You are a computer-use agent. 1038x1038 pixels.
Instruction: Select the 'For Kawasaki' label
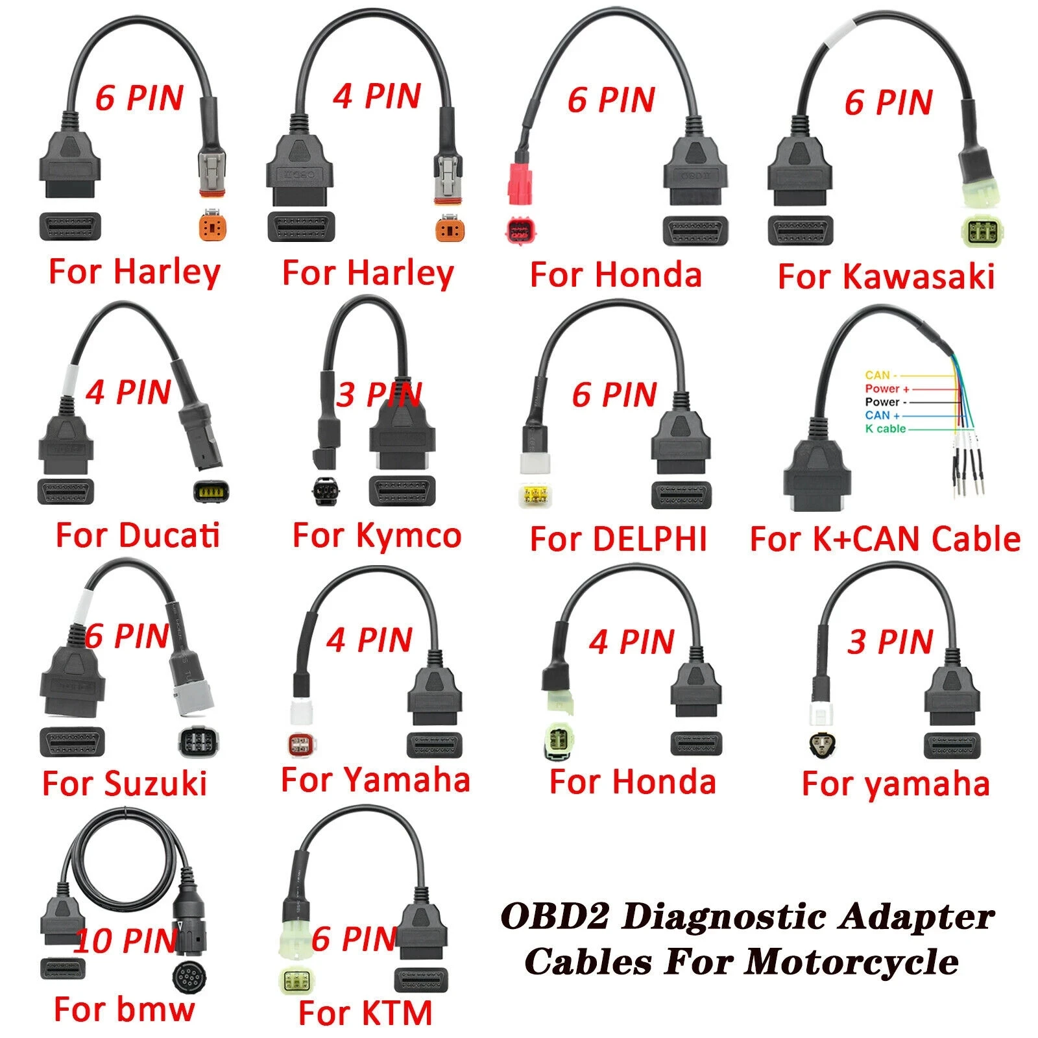[886, 276]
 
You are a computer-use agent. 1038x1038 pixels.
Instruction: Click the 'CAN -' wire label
[881, 375]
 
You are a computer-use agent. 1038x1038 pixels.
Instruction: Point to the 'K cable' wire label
[885, 429]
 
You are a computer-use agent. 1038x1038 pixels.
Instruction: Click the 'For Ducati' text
[138, 536]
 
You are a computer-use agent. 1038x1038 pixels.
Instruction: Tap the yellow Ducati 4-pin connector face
[211, 491]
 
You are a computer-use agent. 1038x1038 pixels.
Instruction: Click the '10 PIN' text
[126, 941]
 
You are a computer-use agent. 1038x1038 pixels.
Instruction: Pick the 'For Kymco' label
[377, 536]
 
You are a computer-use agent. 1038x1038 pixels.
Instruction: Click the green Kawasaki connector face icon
[977, 232]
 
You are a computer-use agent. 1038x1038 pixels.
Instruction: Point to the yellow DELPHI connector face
[536, 496]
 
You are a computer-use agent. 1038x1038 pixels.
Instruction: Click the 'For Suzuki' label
[125, 783]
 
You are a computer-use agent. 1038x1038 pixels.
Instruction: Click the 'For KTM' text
[365, 1013]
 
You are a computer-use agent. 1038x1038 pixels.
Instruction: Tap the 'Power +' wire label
[887, 389]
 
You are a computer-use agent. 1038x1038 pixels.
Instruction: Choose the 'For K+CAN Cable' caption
[885, 539]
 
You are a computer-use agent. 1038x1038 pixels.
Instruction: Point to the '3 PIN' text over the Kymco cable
[379, 394]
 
